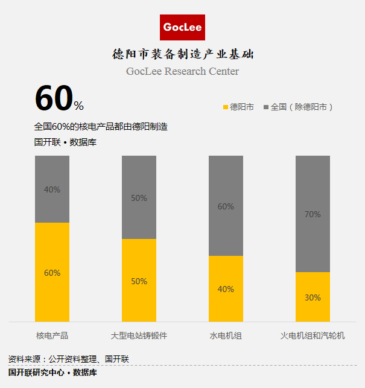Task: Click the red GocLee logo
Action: [x=182, y=28]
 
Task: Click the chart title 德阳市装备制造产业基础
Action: [x=182, y=55]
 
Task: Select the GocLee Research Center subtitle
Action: [x=182, y=71]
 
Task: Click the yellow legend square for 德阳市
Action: [x=226, y=107]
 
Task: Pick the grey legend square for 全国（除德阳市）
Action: [x=266, y=107]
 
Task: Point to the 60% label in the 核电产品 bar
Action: [x=52, y=273]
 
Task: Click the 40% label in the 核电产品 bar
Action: [x=52, y=189]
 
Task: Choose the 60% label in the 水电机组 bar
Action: [x=226, y=206]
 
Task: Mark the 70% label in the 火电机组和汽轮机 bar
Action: [x=313, y=214]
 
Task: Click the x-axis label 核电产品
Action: [x=52, y=336]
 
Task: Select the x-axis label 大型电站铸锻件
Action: [x=139, y=336]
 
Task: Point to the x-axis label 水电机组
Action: [x=226, y=336]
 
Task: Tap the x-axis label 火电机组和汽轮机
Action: [x=313, y=336]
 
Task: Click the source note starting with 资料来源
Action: [x=69, y=359]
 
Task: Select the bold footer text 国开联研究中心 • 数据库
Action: [x=52, y=372]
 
